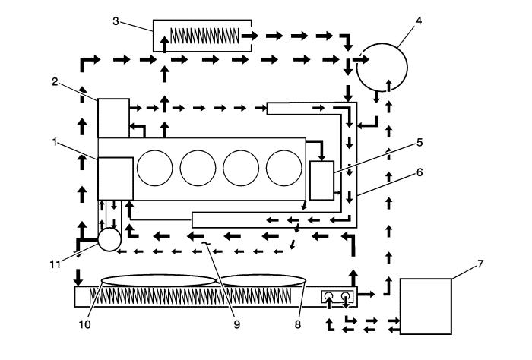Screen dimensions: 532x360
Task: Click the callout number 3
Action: pyautogui.click(x=116, y=21)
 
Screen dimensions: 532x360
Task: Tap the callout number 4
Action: pyautogui.click(x=419, y=21)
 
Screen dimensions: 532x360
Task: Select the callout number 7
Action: pyautogui.click(x=480, y=264)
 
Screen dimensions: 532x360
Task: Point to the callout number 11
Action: pyautogui.click(x=55, y=264)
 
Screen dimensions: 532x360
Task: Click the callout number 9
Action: pyautogui.click(x=237, y=325)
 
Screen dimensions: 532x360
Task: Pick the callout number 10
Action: pyautogui.click(x=85, y=325)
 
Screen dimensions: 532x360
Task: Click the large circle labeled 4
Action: pyautogui.click(x=382, y=67)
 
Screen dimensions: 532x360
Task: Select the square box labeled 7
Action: pyautogui.click(x=426, y=306)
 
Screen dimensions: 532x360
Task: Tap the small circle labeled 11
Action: pyautogui.click(x=109, y=239)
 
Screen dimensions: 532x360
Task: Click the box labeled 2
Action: pyautogui.click(x=114, y=118)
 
